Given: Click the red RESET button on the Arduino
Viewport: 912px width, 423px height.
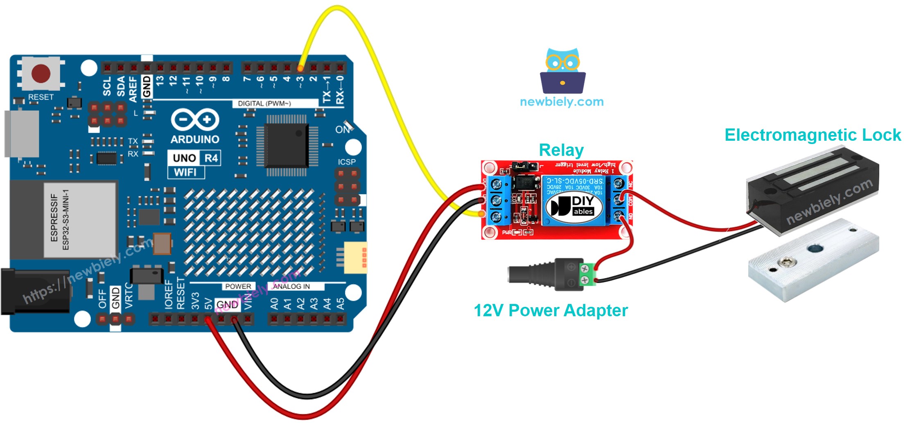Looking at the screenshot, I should pos(41,74).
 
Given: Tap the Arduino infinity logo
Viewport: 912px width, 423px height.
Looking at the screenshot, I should pos(195,120).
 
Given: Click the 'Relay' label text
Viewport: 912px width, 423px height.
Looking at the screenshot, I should pos(561,150).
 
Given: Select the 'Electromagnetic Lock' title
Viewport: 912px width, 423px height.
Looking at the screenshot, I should pos(813,135).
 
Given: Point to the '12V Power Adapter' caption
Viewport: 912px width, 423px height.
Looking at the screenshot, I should pos(550,310).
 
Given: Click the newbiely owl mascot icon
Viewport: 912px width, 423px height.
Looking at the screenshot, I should pos(562,71).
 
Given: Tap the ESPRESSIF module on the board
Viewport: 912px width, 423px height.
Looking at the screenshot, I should pos(80,220).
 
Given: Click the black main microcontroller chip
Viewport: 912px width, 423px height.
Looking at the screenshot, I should pos(287,145).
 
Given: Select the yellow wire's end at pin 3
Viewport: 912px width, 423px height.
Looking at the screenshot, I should pos(300,68).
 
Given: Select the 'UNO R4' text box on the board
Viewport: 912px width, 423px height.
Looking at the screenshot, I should pos(194,158).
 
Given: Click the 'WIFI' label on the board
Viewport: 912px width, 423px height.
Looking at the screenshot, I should pos(185,172).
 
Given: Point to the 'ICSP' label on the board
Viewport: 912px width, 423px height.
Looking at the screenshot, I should pos(346,162).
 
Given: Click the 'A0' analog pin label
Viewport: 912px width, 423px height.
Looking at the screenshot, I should pos(274,303).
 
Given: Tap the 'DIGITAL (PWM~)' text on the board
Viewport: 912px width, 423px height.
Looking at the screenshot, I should pos(264,103).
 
